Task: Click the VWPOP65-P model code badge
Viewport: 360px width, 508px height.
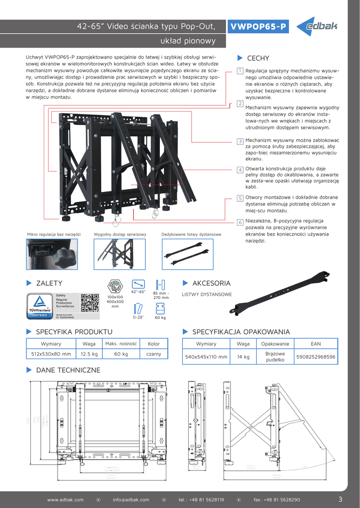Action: pos(258,27)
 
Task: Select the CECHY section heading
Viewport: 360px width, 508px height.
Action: pos(258,59)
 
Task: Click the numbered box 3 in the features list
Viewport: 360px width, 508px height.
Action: pos(240,141)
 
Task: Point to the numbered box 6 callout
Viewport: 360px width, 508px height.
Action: pos(240,222)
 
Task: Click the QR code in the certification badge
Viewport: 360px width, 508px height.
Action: pos(89,303)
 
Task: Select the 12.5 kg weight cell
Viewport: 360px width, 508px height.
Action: pos(89,354)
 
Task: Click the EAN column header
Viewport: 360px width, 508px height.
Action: pos(315,344)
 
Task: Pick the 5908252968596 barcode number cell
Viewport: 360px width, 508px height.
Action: pos(315,357)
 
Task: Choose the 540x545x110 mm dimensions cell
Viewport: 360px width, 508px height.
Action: pos(206,357)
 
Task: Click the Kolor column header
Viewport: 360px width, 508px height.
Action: pos(153,344)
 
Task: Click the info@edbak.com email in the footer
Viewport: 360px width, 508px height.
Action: pos(131,500)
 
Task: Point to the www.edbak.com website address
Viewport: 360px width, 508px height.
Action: pos(65,500)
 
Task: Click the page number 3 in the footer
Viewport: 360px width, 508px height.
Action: pos(340,499)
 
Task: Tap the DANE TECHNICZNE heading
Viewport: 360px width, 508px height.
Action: pos(68,370)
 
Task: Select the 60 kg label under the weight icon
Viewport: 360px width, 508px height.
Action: pos(160,317)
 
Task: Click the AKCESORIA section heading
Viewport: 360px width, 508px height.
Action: pos(211,283)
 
